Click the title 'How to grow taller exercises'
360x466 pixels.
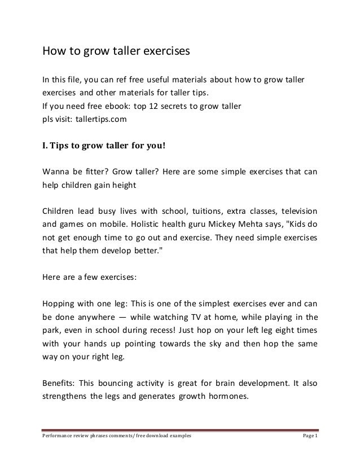115,52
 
